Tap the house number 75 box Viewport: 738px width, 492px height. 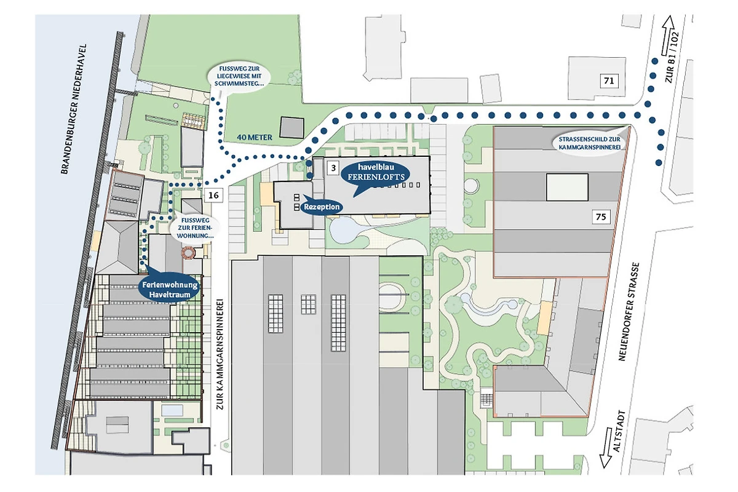(601, 216)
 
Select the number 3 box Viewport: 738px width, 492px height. (332, 167)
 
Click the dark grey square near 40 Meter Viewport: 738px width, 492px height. (292, 127)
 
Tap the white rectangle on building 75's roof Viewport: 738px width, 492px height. (567, 186)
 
